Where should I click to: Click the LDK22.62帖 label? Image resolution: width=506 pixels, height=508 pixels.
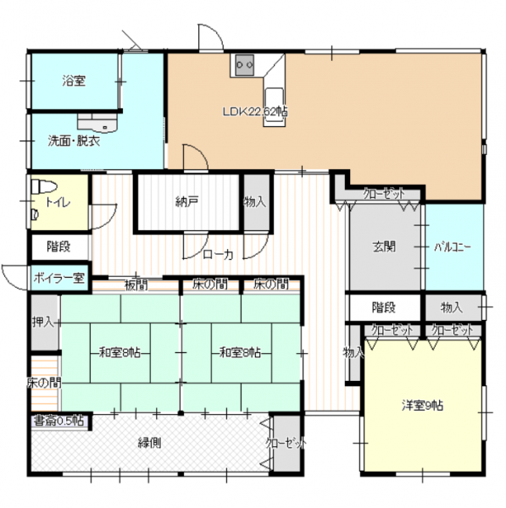tap(255, 112)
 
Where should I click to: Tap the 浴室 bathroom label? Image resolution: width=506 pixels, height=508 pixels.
tap(74, 80)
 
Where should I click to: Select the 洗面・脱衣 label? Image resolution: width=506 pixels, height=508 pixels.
tap(74, 141)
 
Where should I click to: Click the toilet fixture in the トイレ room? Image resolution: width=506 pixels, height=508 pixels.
tap(43, 186)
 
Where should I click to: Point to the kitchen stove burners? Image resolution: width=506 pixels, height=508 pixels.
tap(245, 65)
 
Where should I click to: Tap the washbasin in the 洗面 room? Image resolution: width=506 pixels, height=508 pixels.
tap(97, 123)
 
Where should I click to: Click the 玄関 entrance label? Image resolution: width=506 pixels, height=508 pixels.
tap(384, 247)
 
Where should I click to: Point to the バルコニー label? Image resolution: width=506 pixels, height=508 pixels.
tap(453, 247)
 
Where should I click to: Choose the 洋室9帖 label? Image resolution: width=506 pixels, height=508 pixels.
tap(422, 406)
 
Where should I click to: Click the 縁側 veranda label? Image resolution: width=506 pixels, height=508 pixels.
tap(149, 443)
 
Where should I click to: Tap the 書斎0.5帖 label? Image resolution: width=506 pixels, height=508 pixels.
tap(58, 421)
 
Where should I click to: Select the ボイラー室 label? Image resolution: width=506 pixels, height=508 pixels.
tap(59, 278)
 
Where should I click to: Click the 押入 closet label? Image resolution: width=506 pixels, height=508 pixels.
tap(42, 322)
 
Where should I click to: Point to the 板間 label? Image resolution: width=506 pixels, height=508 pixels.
tap(136, 285)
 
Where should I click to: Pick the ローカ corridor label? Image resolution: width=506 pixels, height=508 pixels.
tap(218, 255)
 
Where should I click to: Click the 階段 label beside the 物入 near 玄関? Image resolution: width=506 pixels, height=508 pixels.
tap(384, 307)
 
